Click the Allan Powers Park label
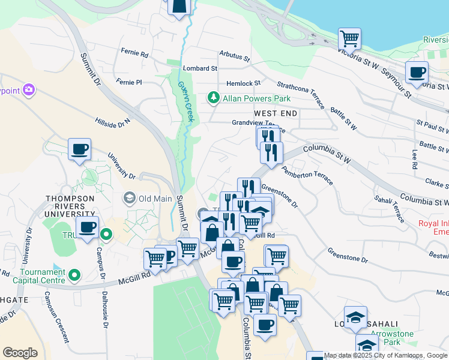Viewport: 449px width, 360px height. (x=256, y=98)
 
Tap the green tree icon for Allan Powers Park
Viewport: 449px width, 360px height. (x=212, y=97)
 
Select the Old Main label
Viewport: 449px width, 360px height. (x=155, y=198)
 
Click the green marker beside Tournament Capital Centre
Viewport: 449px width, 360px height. (x=74, y=275)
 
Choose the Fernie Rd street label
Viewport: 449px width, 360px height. (x=134, y=53)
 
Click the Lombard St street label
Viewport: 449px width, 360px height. (x=200, y=68)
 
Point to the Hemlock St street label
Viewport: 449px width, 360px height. (x=243, y=83)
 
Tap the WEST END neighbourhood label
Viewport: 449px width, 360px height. (x=276, y=113)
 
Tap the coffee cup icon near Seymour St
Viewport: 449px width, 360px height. (x=416, y=73)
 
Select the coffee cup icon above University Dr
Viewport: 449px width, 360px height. (x=79, y=149)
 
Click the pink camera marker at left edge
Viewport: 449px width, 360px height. (x=28, y=90)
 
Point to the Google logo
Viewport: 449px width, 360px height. (x=20, y=353)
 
